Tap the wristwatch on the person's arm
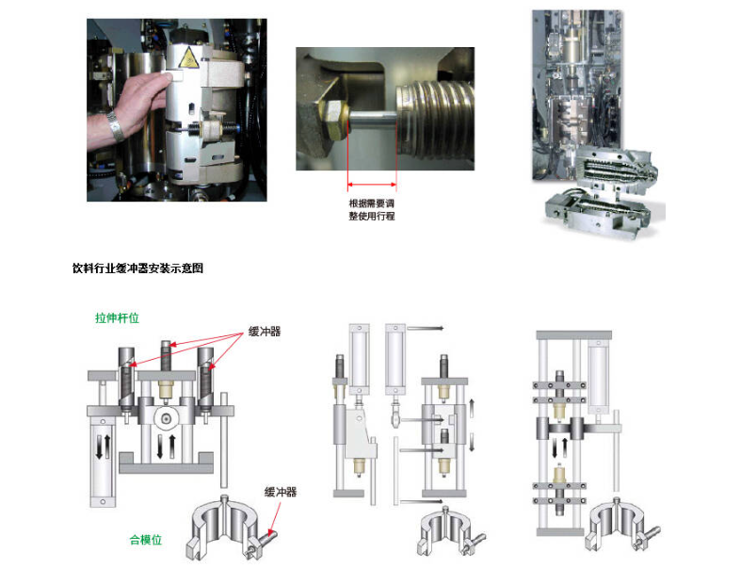click(115, 126)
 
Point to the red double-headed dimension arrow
click(372, 185)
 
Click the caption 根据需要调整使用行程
click(372, 209)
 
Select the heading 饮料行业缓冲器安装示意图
click(138, 268)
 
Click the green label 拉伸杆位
click(117, 317)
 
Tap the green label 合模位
click(146, 540)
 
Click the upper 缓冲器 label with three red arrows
click(265, 332)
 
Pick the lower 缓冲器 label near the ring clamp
click(281, 493)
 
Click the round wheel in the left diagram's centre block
click(166, 418)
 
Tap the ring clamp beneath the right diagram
click(621, 525)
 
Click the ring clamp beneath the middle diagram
click(450, 531)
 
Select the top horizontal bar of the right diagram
click(573, 334)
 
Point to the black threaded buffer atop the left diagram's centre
click(166, 356)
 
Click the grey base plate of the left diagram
click(166, 468)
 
